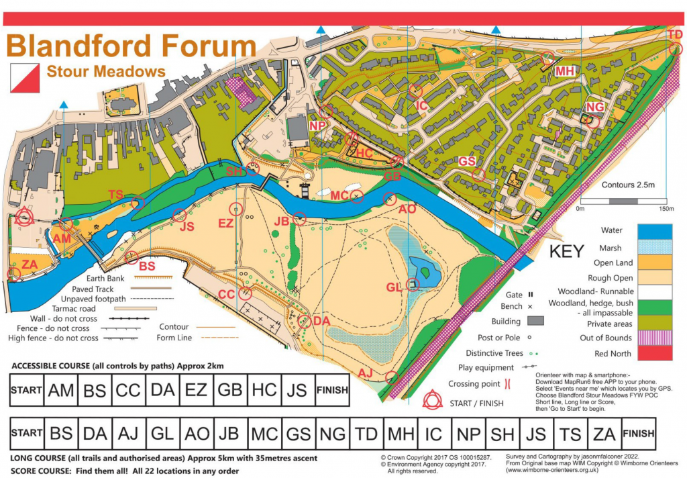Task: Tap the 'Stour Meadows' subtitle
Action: click(x=106, y=72)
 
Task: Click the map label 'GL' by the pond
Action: click(x=394, y=287)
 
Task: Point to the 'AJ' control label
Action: click(x=366, y=373)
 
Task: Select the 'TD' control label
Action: click(x=675, y=34)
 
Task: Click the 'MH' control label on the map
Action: click(x=565, y=71)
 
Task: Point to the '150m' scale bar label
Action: click(x=667, y=209)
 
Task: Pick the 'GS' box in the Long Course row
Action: click(x=299, y=434)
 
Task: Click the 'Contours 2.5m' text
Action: click(x=629, y=184)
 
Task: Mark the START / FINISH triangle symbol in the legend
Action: click(x=431, y=402)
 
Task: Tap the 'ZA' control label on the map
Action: click(x=29, y=265)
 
